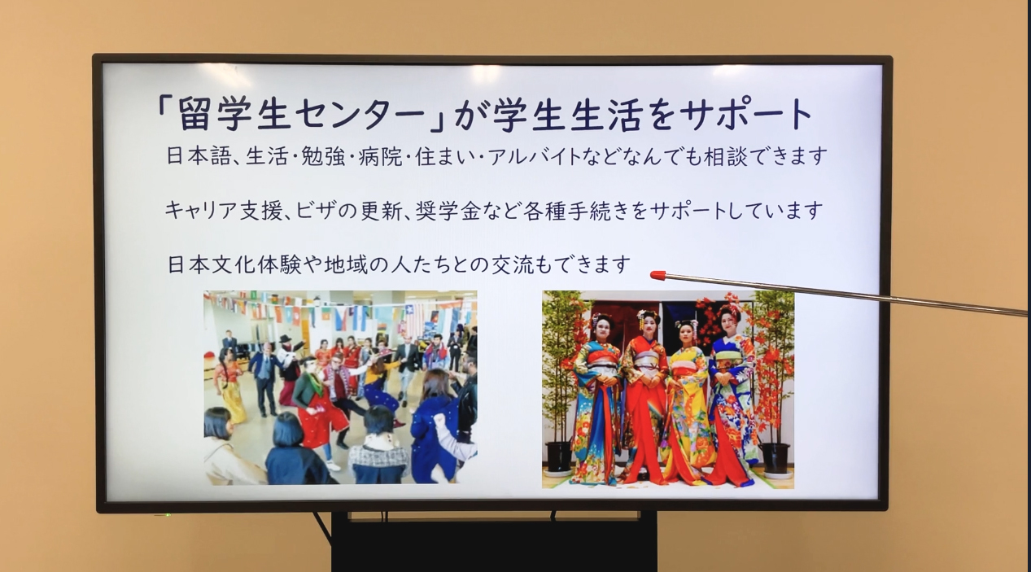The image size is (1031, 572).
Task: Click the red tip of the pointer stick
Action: tap(657, 275)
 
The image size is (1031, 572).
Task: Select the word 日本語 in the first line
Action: tap(198, 156)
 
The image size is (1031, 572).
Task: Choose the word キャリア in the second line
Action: tap(201, 211)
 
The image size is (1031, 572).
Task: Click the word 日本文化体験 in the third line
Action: tap(234, 264)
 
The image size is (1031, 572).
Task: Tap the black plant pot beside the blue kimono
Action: tap(776, 458)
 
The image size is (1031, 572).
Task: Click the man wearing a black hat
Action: tap(289, 364)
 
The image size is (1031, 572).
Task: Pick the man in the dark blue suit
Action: tap(265, 378)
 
